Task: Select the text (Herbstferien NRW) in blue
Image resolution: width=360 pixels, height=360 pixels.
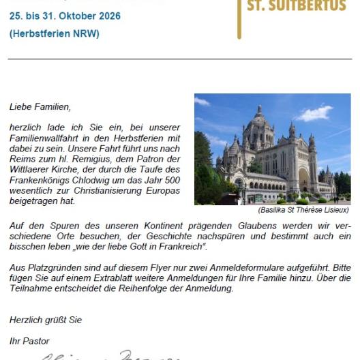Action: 55,33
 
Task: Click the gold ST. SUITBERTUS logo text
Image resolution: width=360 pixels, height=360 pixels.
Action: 297,6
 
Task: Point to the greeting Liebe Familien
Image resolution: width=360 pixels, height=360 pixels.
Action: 40,107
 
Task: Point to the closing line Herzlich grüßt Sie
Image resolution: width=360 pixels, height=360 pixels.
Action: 45,320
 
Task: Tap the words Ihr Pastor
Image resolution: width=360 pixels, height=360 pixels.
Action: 29,340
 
